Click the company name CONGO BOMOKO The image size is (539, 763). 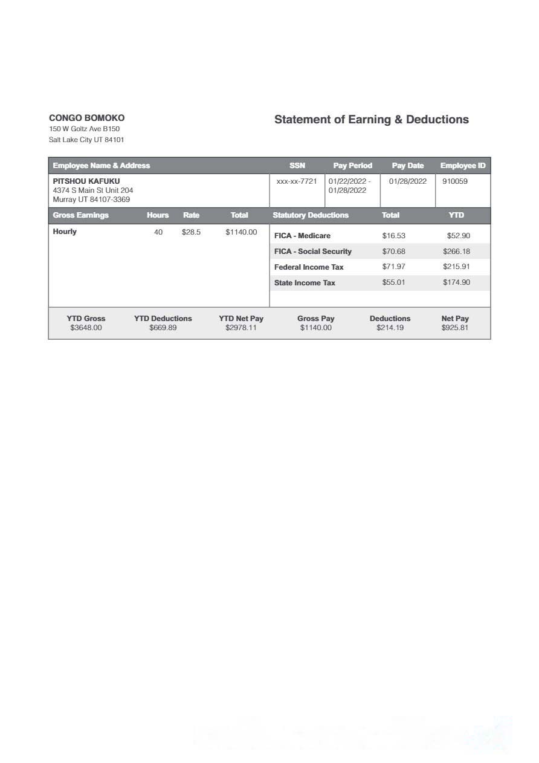point(86,118)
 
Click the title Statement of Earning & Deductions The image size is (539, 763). point(371,120)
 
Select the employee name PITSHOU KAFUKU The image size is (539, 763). point(86,181)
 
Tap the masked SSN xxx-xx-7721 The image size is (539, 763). point(297,181)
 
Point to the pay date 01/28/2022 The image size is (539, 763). point(408,181)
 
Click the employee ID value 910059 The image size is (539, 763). point(455,181)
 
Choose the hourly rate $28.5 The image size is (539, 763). point(191,232)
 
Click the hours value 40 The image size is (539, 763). point(158,232)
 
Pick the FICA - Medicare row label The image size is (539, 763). point(302,236)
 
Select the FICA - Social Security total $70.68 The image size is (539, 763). point(393,252)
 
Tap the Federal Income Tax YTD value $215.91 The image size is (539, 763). point(456,267)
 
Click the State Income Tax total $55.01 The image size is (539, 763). point(393,282)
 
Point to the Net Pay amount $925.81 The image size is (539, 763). point(454,328)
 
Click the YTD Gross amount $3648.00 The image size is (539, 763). point(86,328)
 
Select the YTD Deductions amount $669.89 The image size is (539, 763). point(163,328)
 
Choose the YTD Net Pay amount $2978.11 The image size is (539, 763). point(241,328)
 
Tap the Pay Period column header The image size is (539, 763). point(352,166)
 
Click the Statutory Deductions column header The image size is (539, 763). point(311,215)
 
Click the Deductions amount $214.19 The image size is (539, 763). point(390,328)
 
